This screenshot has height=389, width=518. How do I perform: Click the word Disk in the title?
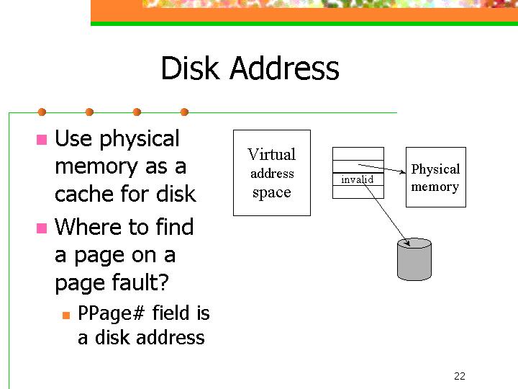click(190, 68)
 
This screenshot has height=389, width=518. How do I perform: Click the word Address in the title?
click(284, 68)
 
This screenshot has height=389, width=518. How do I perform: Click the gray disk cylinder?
click(414, 259)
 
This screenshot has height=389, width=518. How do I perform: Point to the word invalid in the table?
click(357, 179)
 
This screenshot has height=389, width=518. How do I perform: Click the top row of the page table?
click(358, 154)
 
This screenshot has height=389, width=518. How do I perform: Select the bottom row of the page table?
click(358, 192)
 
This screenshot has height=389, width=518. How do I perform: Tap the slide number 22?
click(460, 376)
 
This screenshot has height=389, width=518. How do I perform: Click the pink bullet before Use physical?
click(42, 140)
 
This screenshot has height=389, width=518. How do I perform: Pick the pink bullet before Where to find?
click(42, 228)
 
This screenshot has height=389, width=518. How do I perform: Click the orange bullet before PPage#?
click(66, 316)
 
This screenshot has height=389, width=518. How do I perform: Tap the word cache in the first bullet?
click(85, 194)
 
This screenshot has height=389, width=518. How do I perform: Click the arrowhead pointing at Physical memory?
click(403, 171)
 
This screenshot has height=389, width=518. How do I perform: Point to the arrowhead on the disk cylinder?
click(408, 243)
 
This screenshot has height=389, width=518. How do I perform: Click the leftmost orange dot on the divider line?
click(42, 112)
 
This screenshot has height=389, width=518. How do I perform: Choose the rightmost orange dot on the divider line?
click(185, 112)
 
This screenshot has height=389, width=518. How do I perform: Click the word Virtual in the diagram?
click(271, 154)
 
